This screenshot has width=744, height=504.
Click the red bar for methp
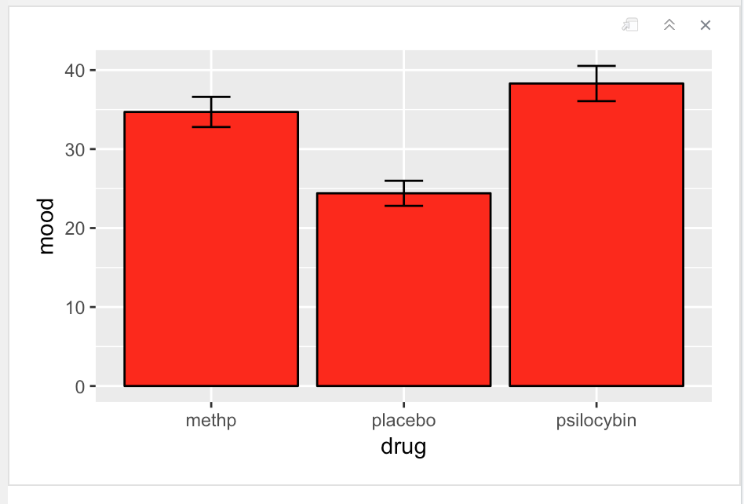point(210,251)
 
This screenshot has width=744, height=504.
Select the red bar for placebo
point(403,290)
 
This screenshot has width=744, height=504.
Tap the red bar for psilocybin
point(596,236)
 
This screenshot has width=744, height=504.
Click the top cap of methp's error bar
point(210,97)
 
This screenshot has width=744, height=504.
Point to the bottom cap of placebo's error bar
point(403,206)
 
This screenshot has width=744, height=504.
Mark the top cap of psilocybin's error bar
point(596,66)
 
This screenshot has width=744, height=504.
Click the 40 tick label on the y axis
point(75,71)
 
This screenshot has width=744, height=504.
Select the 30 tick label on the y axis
point(75,149)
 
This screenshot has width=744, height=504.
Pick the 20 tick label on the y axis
point(75,228)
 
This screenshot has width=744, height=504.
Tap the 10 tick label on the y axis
point(75,307)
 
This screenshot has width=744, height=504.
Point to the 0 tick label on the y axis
point(80,386)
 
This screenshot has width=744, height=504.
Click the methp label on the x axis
point(210,421)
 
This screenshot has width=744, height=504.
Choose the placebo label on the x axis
point(403,421)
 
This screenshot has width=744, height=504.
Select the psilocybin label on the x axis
point(596,421)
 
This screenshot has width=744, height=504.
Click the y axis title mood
point(47,226)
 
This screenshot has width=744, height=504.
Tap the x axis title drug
point(403,447)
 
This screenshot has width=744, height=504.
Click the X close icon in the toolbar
point(705,25)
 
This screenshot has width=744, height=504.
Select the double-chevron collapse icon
point(669,25)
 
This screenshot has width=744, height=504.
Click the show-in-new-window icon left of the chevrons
point(629,25)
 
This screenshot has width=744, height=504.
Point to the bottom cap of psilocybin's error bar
point(596,101)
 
